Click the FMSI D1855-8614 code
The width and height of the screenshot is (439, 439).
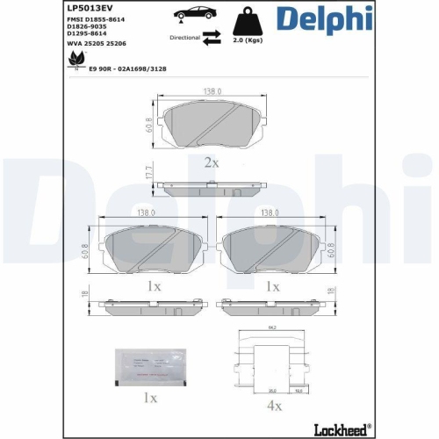(x=96, y=18)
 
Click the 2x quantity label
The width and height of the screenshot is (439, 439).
(x=211, y=162)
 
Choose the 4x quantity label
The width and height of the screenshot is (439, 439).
(x=273, y=406)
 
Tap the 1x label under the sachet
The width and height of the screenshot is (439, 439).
(x=150, y=398)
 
